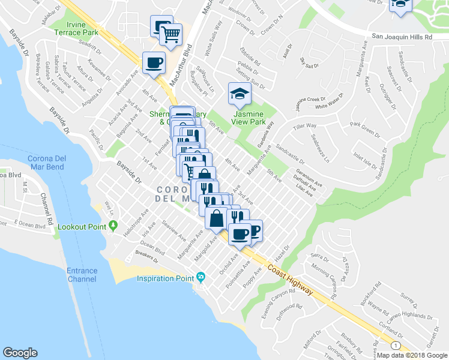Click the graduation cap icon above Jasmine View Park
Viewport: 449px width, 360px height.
pyautogui.click(x=240, y=94)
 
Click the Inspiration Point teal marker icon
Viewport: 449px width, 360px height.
pyautogui.click(x=200, y=278)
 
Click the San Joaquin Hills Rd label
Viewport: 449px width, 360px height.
pyautogui.click(x=402, y=37)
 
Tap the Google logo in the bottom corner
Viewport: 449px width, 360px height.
pyautogui.click(x=20, y=353)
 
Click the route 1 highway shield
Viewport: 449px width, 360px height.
pyautogui.click(x=394, y=346)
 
